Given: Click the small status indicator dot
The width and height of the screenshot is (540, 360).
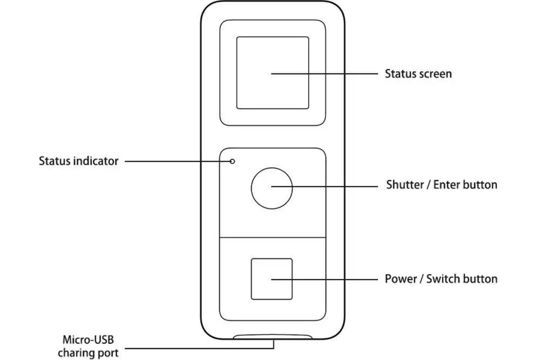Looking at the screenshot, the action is (232, 161).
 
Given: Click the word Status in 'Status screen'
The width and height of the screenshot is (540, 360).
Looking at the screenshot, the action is (400, 73).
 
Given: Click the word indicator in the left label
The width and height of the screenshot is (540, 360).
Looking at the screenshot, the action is (98, 161).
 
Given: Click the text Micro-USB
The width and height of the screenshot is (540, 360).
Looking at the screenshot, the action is (88, 340).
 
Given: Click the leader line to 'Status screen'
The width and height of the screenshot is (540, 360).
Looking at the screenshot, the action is (325, 73).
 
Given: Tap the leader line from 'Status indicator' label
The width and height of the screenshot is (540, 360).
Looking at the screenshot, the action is (177, 161).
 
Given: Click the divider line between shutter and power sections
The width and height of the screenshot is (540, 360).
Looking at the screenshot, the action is (272, 237).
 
